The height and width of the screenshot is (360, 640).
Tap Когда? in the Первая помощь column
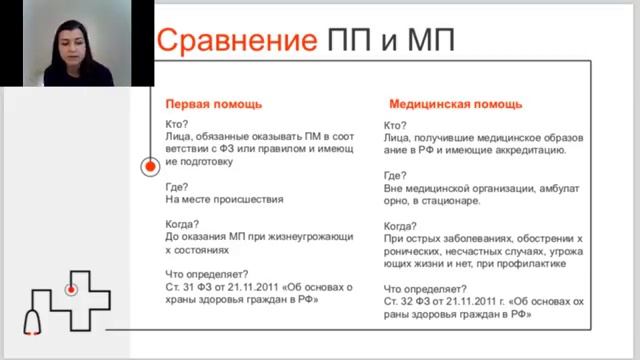184,223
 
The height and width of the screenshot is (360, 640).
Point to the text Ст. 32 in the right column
398,301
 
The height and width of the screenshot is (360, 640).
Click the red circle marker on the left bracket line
149,165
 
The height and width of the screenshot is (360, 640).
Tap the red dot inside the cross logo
71,289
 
